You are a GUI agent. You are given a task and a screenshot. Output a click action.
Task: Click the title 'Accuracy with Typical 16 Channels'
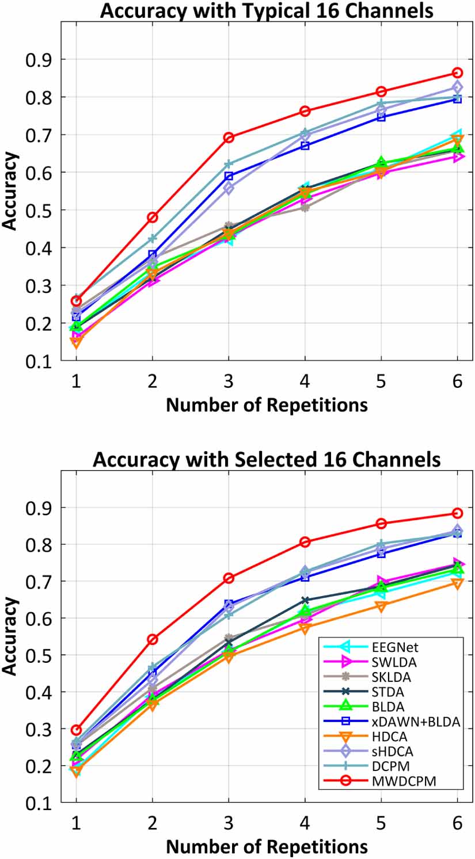[x=267, y=11]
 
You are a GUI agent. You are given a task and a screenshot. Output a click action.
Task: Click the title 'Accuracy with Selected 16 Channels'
[x=267, y=460]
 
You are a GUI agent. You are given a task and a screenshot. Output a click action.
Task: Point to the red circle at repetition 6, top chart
[x=457, y=73]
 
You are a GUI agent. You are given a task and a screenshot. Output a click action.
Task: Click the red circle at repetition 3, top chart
[x=229, y=138]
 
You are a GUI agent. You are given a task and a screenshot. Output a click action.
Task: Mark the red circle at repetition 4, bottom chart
[x=305, y=541]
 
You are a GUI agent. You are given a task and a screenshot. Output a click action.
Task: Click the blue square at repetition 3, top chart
[x=229, y=176]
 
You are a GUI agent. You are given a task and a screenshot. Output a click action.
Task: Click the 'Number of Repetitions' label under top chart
[x=267, y=405]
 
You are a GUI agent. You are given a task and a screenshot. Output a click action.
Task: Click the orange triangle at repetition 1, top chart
[x=76, y=342]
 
